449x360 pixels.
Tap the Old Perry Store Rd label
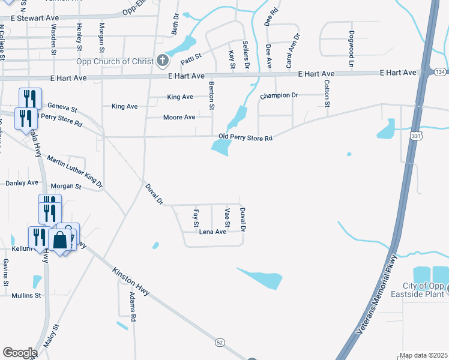click(246, 137)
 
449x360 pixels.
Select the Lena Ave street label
click(212, 232)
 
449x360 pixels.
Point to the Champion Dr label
click(279, 95)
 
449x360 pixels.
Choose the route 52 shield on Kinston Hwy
click(220, 342)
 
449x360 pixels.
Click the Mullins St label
click(26, 295)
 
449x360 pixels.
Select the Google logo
click(20, 353)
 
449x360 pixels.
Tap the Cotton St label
click(327, 94)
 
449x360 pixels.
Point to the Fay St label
click(196, 217)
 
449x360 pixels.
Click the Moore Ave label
click(179, 117)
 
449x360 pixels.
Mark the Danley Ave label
click(22, 182)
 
